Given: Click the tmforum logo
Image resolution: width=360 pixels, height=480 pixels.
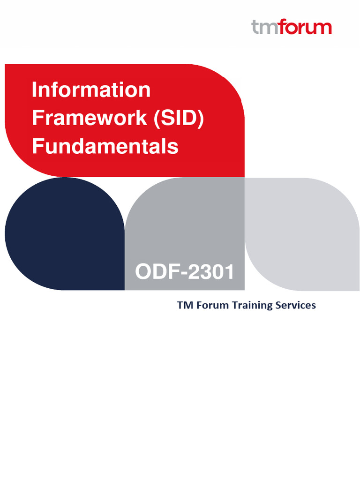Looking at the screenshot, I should click(x=292, y=27).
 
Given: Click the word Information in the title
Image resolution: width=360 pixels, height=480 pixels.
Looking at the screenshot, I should click(x=91, y=90).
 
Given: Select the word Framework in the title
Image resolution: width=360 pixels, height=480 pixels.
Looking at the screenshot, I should click(x=89, y=118).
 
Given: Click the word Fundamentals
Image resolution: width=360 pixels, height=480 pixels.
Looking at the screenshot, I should click(x=105, y=146).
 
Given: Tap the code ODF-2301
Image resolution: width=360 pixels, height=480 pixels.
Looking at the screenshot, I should click(x=184, y=272).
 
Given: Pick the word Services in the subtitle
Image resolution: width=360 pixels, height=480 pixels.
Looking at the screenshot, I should click(x=297, y=305).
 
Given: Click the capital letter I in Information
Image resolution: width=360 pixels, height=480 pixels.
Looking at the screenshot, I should click(x=34, y=90).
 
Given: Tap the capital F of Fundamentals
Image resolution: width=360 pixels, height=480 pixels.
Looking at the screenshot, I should click(x=37, y=146).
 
